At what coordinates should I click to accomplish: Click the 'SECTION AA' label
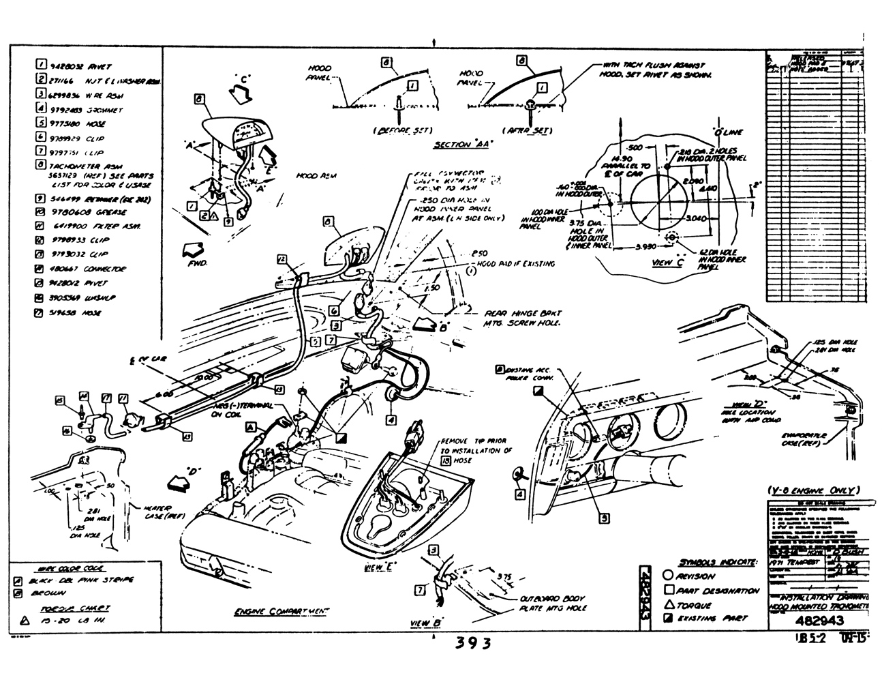click(463, 145)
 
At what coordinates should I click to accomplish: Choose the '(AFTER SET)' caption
click(526, 130)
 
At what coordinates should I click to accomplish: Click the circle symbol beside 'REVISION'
click(669, 576)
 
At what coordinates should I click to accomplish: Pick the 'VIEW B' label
click(427, 623)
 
